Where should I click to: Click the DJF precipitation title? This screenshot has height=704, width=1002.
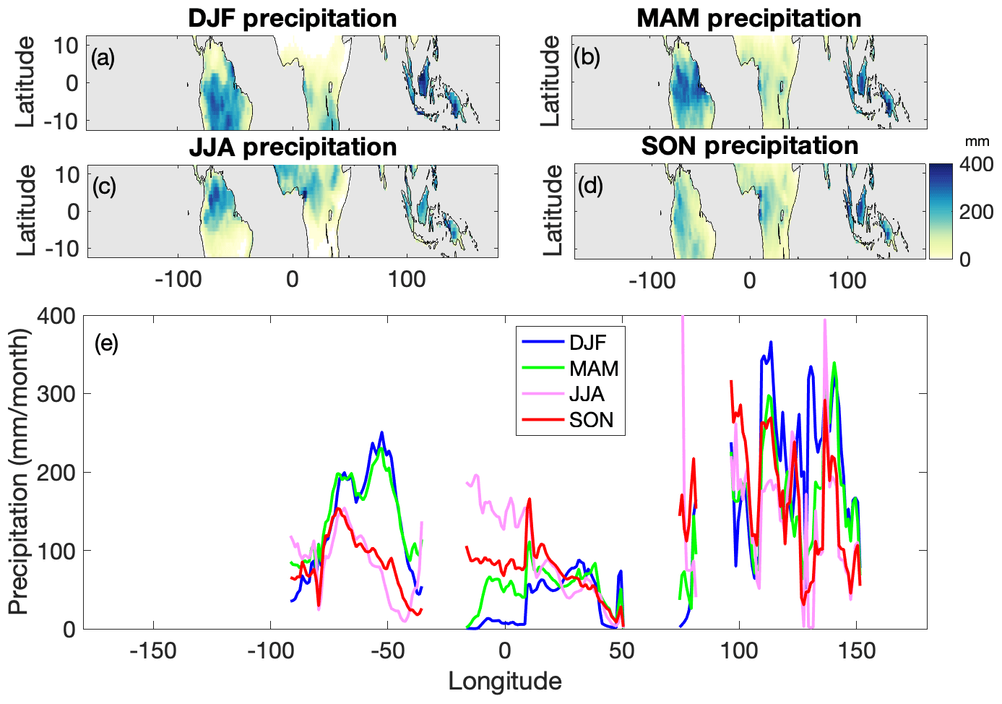click(x=292, y=18)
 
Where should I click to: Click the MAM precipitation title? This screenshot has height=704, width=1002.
click(x=748, y=18)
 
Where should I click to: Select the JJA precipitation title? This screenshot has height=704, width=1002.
click(x=292, y=147)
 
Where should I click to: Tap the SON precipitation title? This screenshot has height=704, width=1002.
click(x=749, y=146)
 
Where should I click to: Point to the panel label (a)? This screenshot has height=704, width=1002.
click(x=103, y=57)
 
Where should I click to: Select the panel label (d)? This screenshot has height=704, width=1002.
click(x=587, y=186)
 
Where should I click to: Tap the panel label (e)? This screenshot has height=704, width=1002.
click(x=106, y=343)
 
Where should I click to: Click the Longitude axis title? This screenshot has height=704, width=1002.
click(x=504, y=681)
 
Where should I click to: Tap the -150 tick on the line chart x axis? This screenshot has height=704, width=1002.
click(x=153, y=651)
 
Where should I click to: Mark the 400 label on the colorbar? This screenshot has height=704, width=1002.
click(x=976, y=165)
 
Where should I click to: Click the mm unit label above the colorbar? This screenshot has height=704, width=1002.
click(x=977, y=142)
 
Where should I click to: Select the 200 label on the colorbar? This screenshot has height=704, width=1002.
click(x=976, y=212)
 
